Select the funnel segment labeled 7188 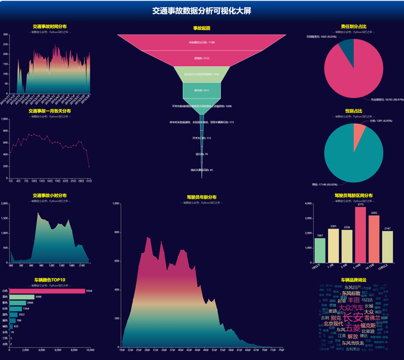[201, 42]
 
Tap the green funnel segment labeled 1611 [201, 90]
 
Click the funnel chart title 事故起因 [201, 28]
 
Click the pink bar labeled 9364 [48, 291]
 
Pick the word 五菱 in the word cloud [353, 328]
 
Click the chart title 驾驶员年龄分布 [201, 197]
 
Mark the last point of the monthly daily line [89, 166]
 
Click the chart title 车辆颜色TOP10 [49, 280]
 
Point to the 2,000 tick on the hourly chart [5, 203]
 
